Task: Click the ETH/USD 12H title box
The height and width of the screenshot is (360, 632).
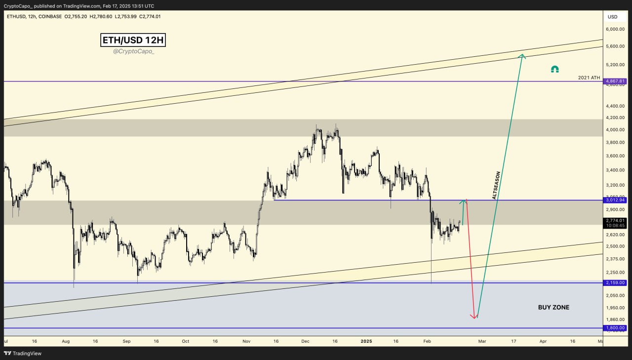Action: [x=133, y=40]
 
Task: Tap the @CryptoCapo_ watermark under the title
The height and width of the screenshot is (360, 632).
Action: [x=133, y=51]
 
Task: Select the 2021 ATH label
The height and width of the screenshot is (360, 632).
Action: [x=589, y=78]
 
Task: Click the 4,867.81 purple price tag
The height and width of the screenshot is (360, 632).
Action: [x=615, y=81]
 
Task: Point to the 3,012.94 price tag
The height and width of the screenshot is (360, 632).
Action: [x=615, y=200]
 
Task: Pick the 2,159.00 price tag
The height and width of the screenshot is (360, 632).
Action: [x=615, y=282]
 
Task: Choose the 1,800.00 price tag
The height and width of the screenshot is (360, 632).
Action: [x=615, y=328]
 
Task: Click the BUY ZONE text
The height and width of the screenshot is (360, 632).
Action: [x=553, y=307]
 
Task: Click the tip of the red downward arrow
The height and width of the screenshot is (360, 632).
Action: [x=475, y=318]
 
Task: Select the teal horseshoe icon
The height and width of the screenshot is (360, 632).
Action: [x=554, y=70]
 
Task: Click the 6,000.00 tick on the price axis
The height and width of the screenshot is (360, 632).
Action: [x=614, y=29]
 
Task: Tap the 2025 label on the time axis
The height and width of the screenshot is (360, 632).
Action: [x=366, y=341]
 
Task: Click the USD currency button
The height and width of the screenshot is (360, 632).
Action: [x=612, y=17]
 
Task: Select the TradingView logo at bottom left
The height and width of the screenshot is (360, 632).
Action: [x=23, y=353]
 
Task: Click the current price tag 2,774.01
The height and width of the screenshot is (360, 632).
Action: [x=615, y=220]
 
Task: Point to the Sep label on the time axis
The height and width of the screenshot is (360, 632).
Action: [x=126, y=341]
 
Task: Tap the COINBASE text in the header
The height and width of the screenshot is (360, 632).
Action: [x=49, y=16]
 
